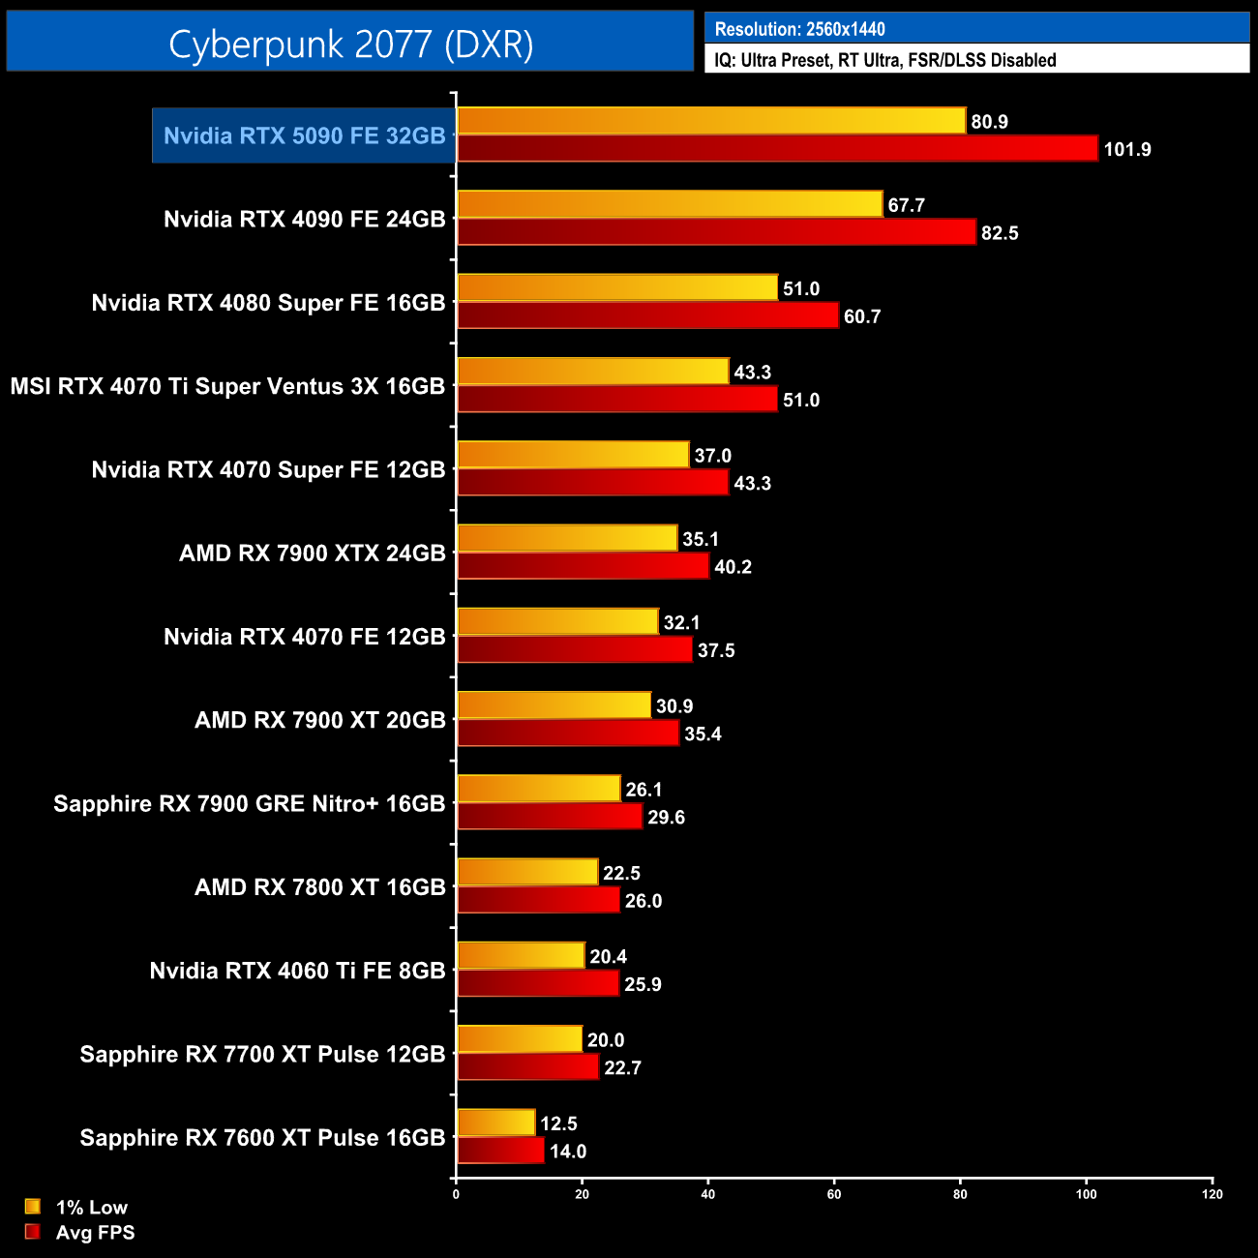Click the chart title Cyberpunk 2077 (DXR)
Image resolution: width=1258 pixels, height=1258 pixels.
pos(350,44)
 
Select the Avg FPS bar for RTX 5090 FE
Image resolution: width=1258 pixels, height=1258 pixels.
pos(777,149)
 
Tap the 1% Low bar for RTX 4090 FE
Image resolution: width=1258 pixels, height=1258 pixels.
pos(670,204)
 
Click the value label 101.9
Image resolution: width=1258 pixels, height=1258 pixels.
pos(1127,150)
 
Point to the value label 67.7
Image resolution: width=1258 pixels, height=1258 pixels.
pos(907,205)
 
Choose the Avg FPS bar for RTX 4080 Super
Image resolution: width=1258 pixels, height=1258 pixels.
pos(647,315)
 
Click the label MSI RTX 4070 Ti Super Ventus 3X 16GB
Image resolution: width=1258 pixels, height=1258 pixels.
pos(227,386)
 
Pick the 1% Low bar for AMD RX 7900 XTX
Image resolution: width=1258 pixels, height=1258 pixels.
pos(567,538)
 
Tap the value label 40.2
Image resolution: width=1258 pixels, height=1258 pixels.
pos(733,567)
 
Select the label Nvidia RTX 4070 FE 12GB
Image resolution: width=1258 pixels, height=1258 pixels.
pos(304,637)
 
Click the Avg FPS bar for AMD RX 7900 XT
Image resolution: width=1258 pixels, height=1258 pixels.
pos(568,734)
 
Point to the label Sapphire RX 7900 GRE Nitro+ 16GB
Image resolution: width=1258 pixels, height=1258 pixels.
pos(249,803)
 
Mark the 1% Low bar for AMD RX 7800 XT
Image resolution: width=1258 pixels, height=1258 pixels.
pos(527,872)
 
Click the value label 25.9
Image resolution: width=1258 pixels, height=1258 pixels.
pos(643,985)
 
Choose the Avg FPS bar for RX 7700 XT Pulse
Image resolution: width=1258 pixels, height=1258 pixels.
pos(527,1067)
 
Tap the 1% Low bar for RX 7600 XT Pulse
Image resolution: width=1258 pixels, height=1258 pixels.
pos(495,1123)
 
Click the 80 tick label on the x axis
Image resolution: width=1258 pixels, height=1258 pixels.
pos(960,1194)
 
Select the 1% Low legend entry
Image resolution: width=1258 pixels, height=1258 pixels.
pos(77,1207)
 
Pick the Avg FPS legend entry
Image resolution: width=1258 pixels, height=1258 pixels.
pos(81,1232)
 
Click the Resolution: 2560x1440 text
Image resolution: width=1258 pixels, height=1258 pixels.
pos(799,29)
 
